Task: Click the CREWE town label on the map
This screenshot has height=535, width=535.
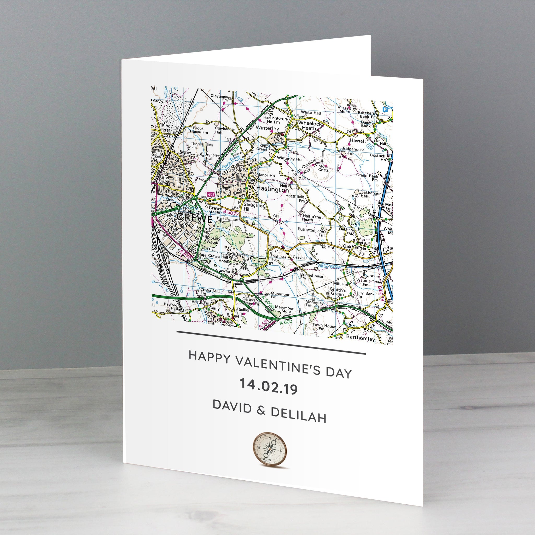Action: click(194, 218)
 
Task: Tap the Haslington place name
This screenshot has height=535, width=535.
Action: click(272, 189)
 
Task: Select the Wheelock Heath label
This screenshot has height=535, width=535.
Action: click(309, 126)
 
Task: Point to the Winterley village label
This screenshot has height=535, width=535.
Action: click(267, 128)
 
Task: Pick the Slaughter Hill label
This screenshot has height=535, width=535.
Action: click(254, 207)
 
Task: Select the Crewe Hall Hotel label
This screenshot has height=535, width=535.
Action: click(218, 258)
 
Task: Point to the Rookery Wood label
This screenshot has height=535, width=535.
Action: click(212, 240)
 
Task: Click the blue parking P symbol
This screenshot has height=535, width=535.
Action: click(385, 110)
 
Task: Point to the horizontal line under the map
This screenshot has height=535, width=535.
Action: click(271, 342)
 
